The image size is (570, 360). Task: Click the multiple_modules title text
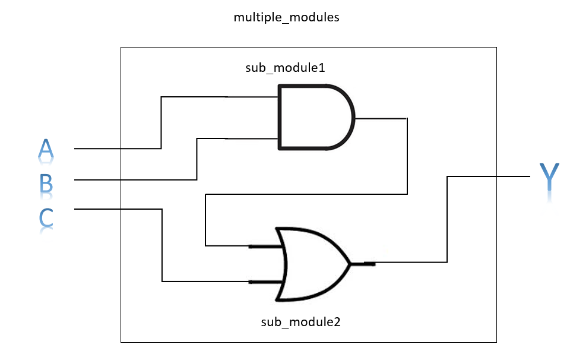286,17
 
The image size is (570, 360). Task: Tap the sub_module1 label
285,68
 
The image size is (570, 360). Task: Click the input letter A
45,150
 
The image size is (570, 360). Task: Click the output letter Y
549,178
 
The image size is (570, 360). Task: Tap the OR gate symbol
312,263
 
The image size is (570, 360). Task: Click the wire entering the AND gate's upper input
249,96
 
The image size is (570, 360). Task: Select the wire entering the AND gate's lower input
249,138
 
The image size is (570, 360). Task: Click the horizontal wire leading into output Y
487,176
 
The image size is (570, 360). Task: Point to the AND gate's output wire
380,118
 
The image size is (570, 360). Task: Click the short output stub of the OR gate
368,263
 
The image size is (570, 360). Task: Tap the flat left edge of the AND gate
280,116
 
